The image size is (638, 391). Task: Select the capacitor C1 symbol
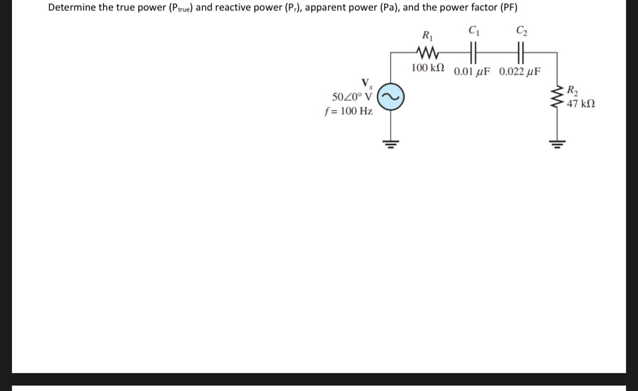pyautogui.click(x=472, y=52)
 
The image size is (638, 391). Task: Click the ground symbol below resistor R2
pyautogui.click(x=557, y=144)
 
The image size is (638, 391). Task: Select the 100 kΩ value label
pyautogui.click(x=428, y=68)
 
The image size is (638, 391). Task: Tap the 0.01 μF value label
pyautogui.click(x=472, y=71)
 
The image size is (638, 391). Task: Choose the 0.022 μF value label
pyautogui.click(x=520, y=71)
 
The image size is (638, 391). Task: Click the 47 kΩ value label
pyautogui.click(x=581, y=104)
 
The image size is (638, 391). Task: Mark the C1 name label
pyautogui.click(x=473, y=30)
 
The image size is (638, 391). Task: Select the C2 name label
pyautogui.click(x=521, y=30)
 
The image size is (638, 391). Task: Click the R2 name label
pyautogui.click(x=572, y=91)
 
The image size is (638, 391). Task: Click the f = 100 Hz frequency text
pyautogui.click(x=348, y=111)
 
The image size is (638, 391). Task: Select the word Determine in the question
pyautogui.click(x=72, y=8)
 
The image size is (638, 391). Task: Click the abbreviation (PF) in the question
pyautogui.click(x=507, y=8)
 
